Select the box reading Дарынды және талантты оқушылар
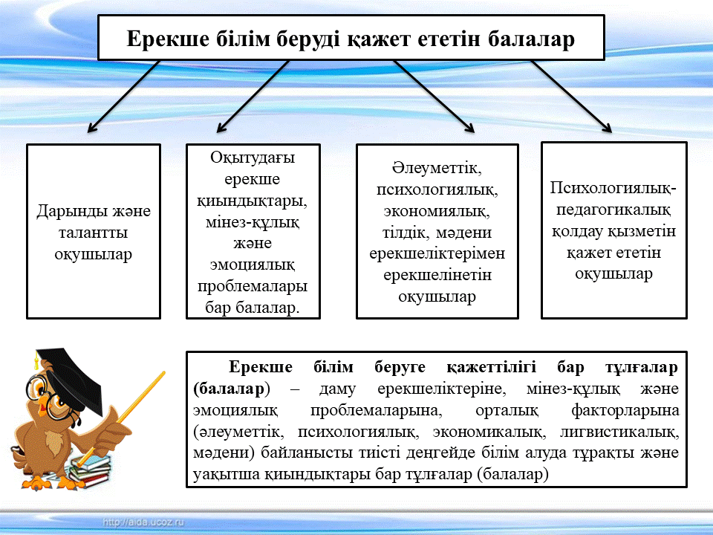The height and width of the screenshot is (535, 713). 94,231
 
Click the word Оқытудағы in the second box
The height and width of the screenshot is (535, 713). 253,158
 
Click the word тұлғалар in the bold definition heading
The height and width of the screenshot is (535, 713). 639,368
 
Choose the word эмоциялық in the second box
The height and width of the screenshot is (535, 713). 253,265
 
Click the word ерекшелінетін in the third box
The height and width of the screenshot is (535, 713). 437,275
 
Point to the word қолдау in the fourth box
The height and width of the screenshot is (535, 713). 580,231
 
